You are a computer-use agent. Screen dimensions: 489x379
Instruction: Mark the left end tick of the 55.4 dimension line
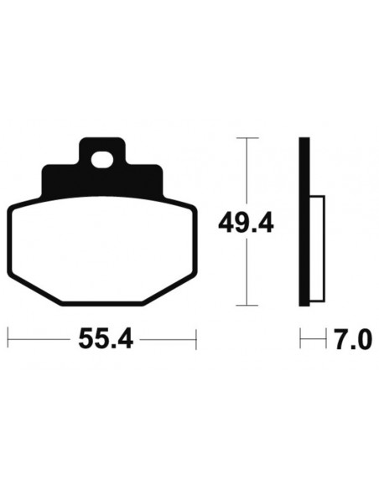(8, 340)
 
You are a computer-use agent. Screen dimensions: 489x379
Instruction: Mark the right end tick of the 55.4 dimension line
(196, 340)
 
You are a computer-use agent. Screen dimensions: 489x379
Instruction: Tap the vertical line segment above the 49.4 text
(246, 172)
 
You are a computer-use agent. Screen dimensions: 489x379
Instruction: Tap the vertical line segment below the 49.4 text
(246, 272)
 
